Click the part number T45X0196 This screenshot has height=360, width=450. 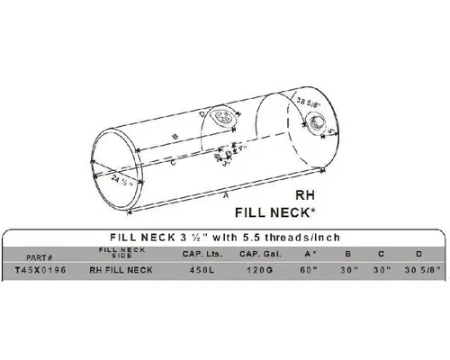click(34, 270)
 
